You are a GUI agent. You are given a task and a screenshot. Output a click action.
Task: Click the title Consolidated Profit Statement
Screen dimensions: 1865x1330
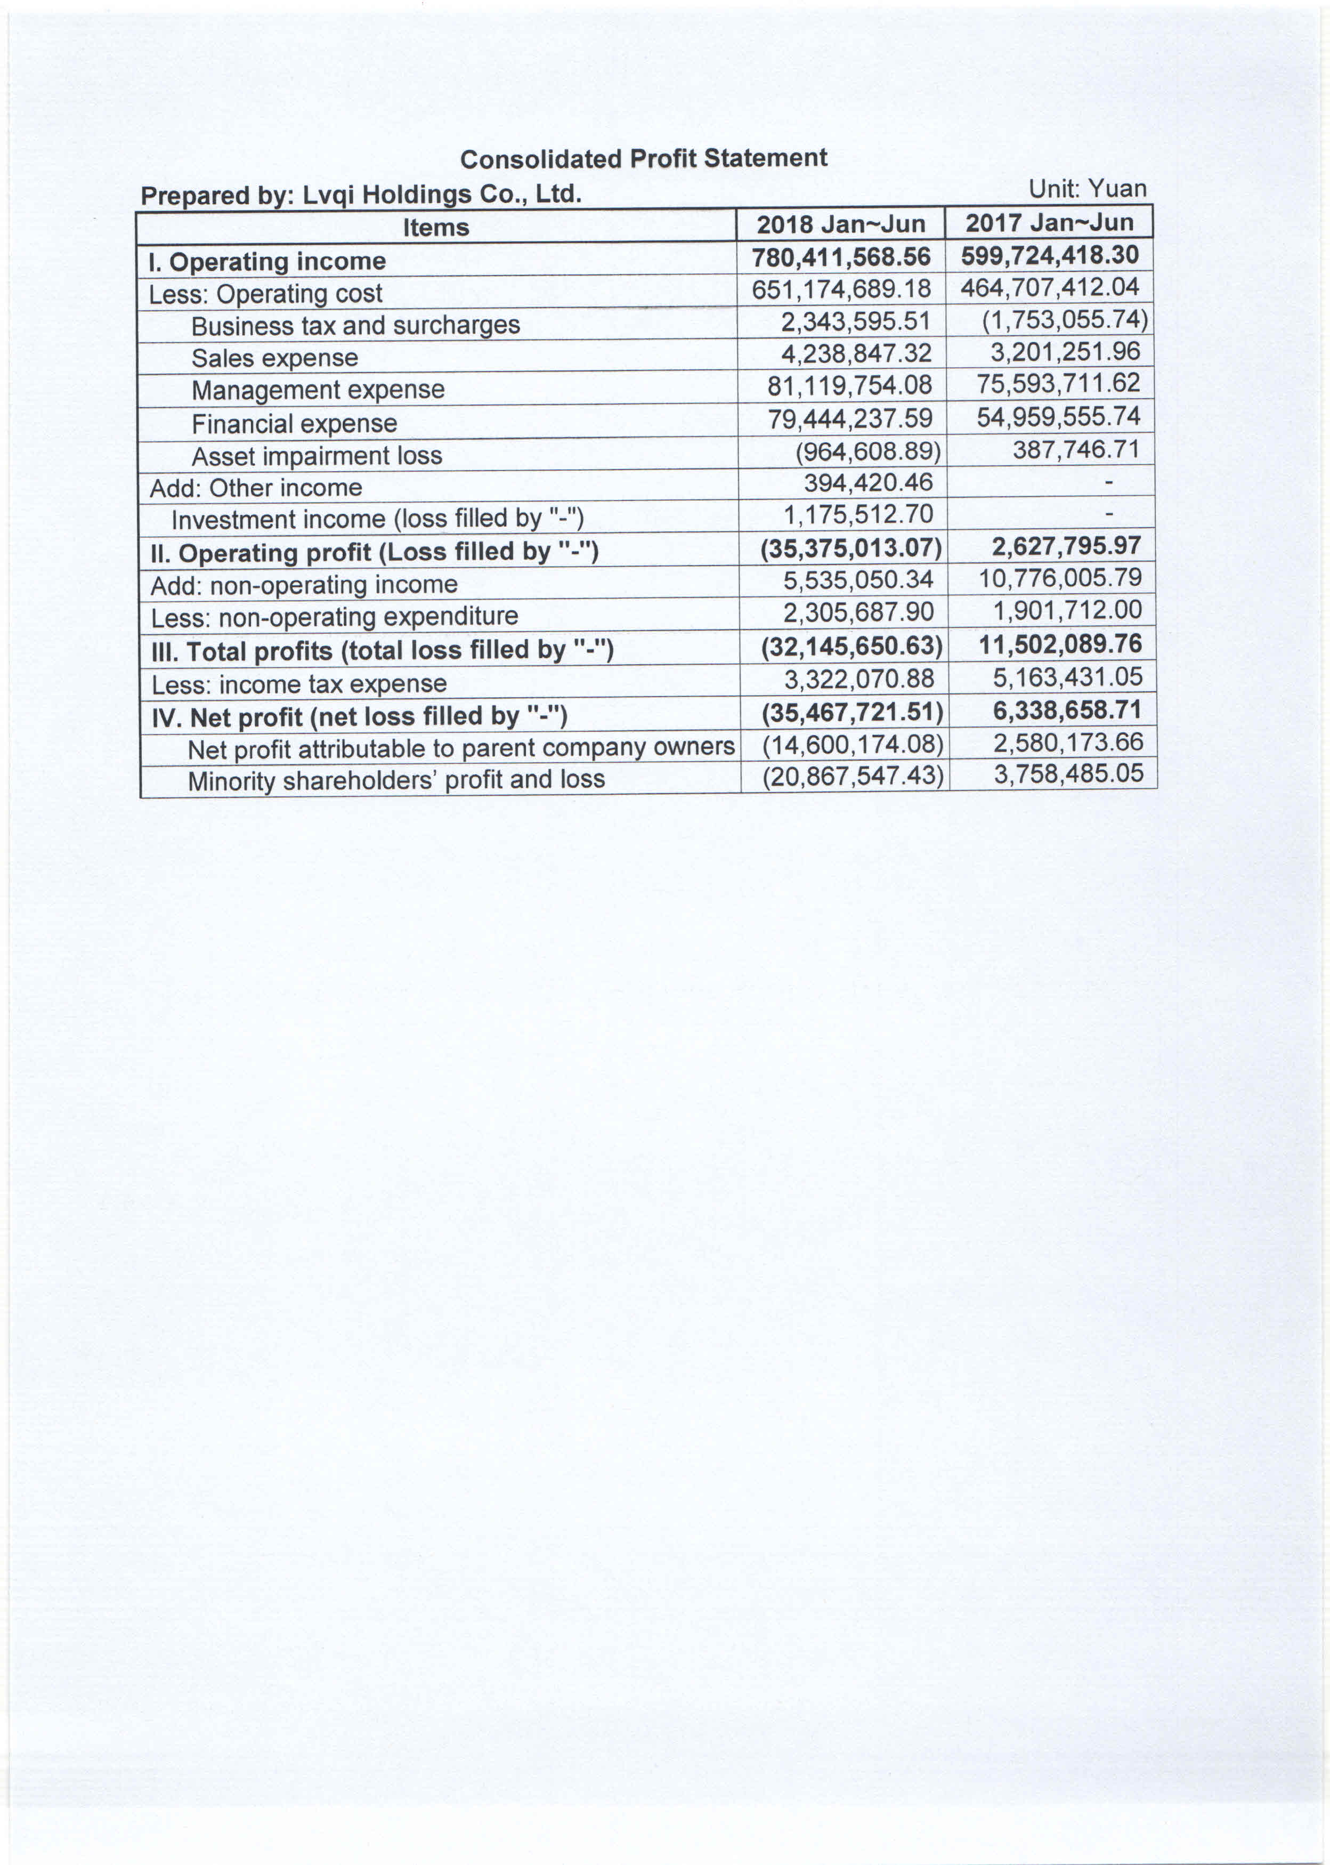point(643,158)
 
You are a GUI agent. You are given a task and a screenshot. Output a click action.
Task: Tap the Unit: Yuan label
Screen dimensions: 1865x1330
point(1087,189)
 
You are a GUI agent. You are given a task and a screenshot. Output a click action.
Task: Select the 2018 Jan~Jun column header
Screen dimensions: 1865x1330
point(840,224)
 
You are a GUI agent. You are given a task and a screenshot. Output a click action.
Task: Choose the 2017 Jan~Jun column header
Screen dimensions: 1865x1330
point(1049,223)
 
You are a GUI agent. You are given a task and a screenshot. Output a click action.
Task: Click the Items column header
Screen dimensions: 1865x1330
point(436,227)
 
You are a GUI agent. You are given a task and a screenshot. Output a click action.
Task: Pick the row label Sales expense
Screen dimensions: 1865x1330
point(274,358)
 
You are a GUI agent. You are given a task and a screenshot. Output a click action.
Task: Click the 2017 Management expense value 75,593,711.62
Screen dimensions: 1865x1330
point(1058,383)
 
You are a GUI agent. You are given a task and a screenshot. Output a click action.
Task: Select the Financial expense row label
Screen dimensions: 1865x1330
point(294,423)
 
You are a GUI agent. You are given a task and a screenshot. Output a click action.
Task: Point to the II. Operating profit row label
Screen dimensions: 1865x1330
point(374,552)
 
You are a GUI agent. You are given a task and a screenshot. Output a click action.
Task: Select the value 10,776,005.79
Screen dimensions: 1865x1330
point(1060,578)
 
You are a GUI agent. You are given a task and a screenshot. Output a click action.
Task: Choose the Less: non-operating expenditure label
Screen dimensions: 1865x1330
point(335,617)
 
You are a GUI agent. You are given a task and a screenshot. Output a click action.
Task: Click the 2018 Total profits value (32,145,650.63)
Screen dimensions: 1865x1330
point(851,646)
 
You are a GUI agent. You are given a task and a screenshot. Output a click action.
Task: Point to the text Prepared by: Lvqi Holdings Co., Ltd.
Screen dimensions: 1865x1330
point(361,195)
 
